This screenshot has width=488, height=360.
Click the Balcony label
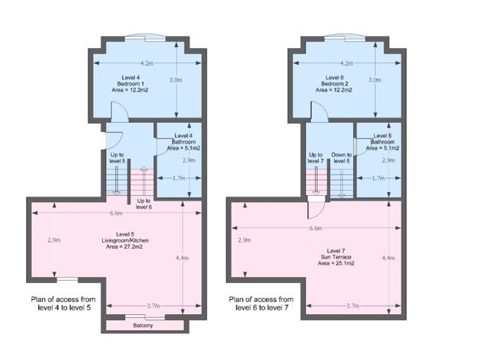pos(143,326)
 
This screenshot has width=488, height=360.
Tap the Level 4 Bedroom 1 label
pos(130,84)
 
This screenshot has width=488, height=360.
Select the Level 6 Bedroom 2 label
pos(334,84)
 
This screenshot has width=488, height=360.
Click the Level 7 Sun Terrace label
pos(335,257)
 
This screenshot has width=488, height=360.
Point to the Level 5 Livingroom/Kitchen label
pos(125,240)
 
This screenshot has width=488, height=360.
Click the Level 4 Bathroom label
pos(183,142)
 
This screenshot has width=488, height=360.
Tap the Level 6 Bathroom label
pos(383,142)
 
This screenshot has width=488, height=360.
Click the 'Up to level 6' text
pos(144,204)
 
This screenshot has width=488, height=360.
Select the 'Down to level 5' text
pos(342,158)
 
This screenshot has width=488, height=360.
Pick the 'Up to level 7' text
pos(316,158)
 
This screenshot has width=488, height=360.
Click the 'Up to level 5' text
pos(117,158)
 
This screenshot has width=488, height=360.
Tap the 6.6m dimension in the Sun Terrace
pos(316,228)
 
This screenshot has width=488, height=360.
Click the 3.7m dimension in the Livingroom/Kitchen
pos(153,306)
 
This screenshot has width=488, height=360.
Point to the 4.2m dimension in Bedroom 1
pos(147,63)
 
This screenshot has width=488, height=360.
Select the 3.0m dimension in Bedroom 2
pos(375,80)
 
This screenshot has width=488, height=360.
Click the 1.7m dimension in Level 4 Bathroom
pos(179,178)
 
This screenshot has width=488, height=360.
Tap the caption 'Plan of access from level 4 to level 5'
pos(63,304)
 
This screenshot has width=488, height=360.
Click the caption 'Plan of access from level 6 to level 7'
pos(261,304)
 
